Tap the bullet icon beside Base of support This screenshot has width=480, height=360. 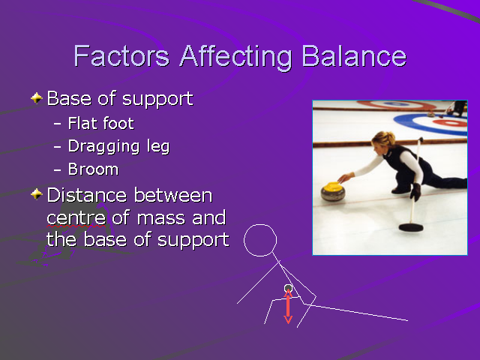coord(37,98)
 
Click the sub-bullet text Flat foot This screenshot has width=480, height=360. coord(100,123)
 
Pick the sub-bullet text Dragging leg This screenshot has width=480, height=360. coord(118,146)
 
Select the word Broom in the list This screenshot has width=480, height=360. coord(93,169)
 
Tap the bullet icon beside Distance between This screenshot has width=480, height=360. coord(37,195)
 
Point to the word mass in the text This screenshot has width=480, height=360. coord(202,218)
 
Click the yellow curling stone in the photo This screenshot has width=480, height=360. coord(333,192)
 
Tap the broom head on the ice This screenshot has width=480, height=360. coord(410,226)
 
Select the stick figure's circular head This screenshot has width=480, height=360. coord(261,240)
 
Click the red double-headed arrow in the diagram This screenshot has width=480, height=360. coord(287,307)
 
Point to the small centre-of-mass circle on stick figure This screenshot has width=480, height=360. coord(288,288)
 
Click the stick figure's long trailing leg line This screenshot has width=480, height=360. coord(360,313)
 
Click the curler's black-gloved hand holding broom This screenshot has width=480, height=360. coord(415,191)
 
